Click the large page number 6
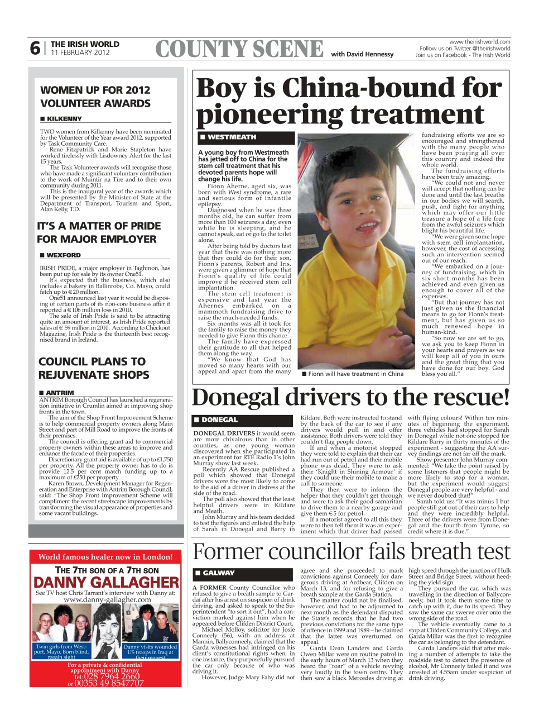pos(35,49)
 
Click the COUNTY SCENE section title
pos(239,50)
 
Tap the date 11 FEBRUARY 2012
pos(80,53)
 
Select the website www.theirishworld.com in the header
pos(480,42)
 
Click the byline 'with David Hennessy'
pos(362,54)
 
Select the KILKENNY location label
pos(64,119)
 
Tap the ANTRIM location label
pos(60,393)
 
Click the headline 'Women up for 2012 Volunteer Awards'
pos(95,97)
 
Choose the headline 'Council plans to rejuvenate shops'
pos(94,368)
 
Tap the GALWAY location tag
pos(218,573)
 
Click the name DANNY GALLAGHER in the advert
pos(106,583)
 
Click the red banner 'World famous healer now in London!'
pos(105,556)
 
